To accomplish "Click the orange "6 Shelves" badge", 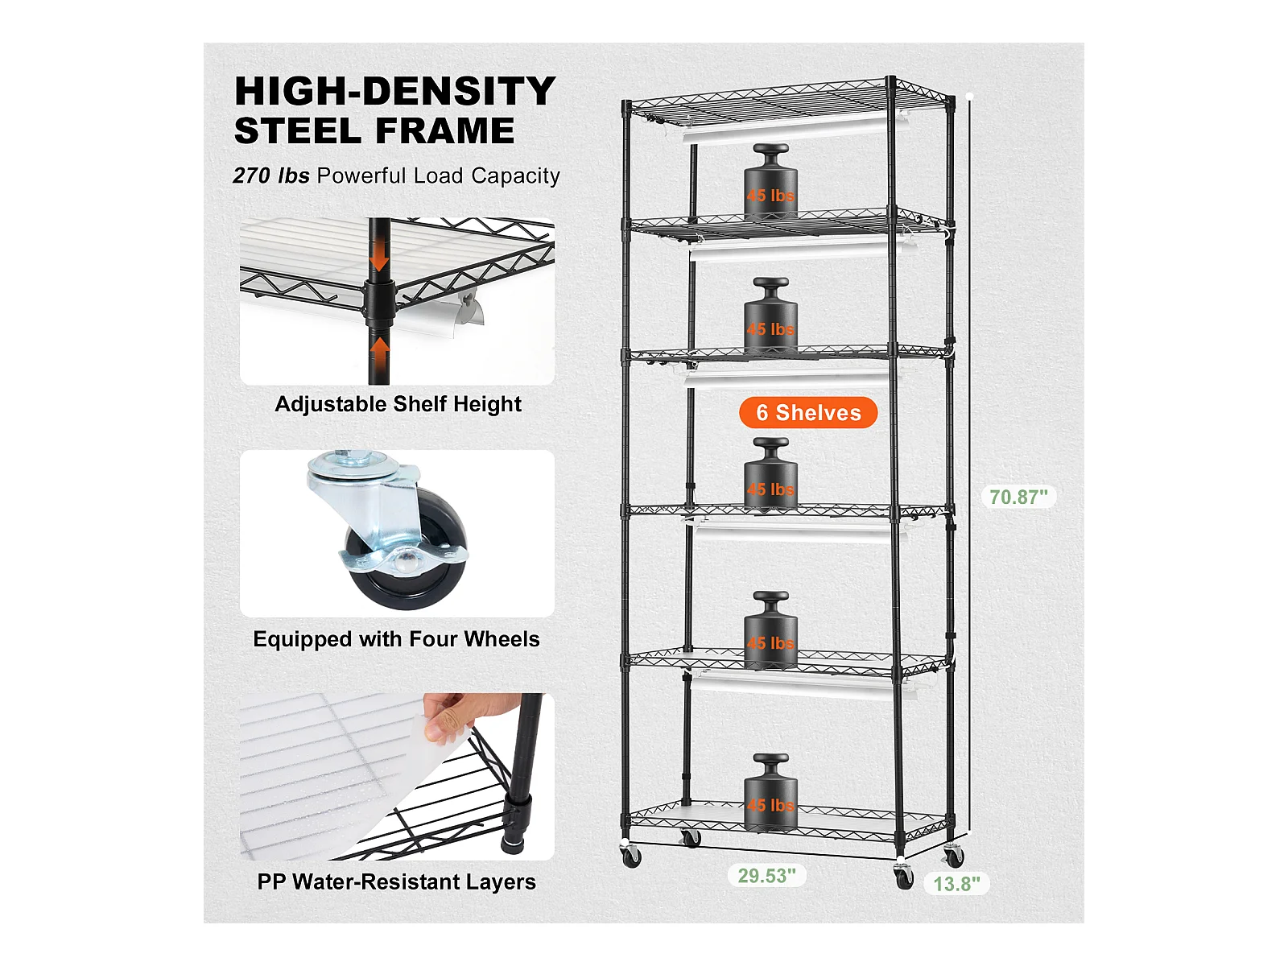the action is (x=808, y=412).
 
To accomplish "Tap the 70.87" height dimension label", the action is (x=1018, y=497).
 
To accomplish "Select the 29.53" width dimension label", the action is (x=767, y=875).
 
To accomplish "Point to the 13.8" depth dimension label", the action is (x=956, y=883).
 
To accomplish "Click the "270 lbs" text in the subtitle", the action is (x=271, y=175).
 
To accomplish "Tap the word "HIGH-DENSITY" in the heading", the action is (x=395, y=91).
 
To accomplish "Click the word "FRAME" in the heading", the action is (x=445, y=130).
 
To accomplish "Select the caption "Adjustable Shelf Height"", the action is (x=398, y=404).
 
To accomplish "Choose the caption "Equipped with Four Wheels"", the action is (x=396, y=638).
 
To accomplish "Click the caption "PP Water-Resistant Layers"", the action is (x=397, y=881).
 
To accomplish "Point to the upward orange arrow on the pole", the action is (x=380, y=353).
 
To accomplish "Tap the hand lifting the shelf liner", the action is (x=464, y=716).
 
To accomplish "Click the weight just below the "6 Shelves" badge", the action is (x=770, y=474).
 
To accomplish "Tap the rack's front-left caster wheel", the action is (x=631, y=857).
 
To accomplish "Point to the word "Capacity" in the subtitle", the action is (x=515, y=176).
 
